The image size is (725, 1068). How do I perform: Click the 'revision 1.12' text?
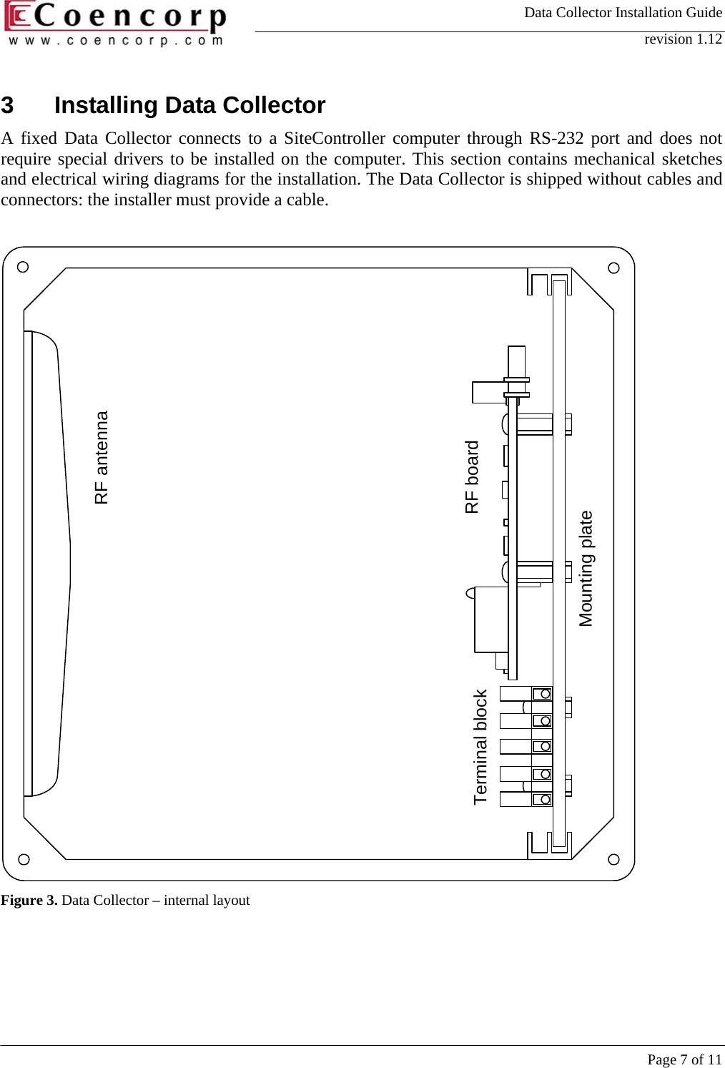click(x=683, y=39)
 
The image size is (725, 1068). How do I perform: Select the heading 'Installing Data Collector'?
click(x=189, y=105)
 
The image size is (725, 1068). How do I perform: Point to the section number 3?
click(x=7, y=105)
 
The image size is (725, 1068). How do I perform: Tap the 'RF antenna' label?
click(x=102, y=457)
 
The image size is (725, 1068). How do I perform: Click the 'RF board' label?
click(x=472, y=477)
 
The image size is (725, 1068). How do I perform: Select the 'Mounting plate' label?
click(x=586, y=569)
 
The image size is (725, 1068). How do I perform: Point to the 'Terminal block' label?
click(x=480, y=747)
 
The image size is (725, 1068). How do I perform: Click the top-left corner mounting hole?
click(x=23, y=268)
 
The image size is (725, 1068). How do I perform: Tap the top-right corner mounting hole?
click(x=613, y=268)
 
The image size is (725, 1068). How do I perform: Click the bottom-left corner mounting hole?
click(x=23, y=858)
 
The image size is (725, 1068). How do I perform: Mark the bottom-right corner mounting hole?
click(x=613, y=858)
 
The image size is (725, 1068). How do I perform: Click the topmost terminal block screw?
click(x=545, y=694)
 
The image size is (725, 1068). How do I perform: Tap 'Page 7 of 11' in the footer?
click(x=684, y=1059)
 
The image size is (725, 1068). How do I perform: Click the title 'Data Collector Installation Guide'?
click(x=623, y=12)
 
